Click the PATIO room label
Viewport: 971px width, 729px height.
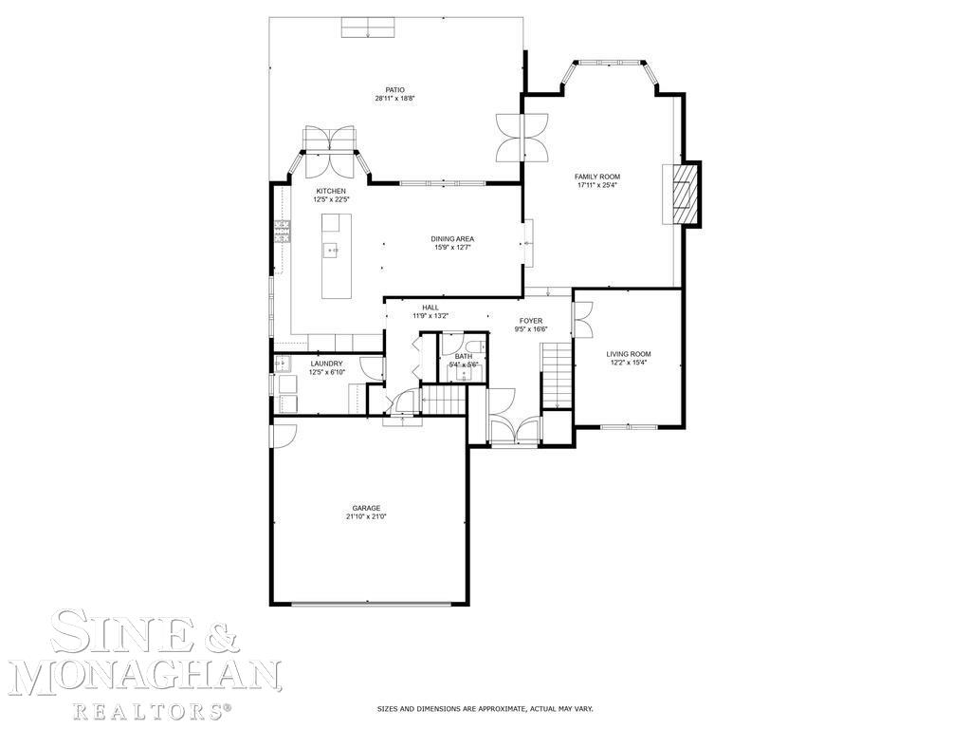point(395,89)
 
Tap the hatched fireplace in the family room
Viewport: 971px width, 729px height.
point(684,194)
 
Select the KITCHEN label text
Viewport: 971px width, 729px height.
point(331,191)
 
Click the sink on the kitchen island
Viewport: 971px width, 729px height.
point(332,250)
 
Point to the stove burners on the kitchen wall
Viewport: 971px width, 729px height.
point(282,232)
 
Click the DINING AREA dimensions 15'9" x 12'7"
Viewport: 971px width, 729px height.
point(452,248)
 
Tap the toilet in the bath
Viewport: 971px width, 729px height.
point(473,347)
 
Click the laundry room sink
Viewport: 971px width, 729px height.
point(283,363)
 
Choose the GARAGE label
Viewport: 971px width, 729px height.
point(366,508)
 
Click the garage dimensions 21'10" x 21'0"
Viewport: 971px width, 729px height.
point(366,517)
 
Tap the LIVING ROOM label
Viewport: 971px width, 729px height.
point(629,354)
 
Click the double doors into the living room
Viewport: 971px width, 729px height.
point(582,318)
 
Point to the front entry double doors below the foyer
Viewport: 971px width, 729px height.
point(514,429)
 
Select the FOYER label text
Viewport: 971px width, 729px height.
point(530,321)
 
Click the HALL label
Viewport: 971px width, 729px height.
point(431,308)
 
